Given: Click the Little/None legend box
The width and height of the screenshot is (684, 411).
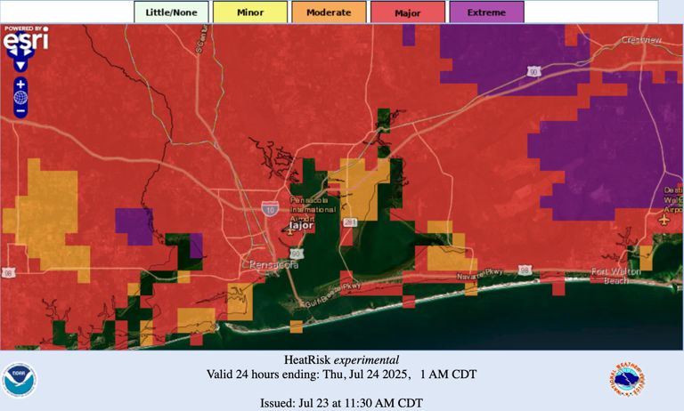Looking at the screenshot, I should point(171,12).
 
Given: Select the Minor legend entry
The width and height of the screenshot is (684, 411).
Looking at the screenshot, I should point(250,12).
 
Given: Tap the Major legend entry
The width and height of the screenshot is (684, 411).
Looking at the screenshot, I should point(408,12).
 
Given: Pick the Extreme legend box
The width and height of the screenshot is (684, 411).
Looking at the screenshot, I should point(486,12).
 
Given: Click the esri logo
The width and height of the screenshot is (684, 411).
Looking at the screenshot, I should point(26,38).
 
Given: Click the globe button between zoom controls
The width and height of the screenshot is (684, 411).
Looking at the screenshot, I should point(20,98).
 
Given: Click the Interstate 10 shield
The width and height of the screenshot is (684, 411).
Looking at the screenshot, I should point(269,209).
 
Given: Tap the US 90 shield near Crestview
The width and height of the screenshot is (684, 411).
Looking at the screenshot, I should point(533,71).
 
